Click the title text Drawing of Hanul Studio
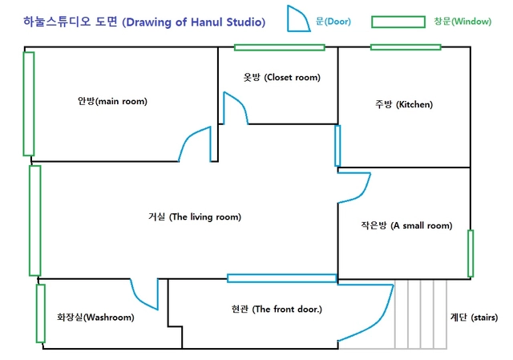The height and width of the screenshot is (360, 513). tap(194, 22)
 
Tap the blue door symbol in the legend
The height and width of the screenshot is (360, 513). tap(298, 19)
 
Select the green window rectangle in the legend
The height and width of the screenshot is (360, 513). tap(398, 22)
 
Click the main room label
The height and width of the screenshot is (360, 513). tap(112, 101)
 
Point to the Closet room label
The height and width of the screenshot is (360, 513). tap(281, 77)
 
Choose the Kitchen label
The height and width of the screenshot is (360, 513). tap(404, 104)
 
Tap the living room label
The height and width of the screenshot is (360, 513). tap(195, 216)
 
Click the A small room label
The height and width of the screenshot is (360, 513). tap(406, 225)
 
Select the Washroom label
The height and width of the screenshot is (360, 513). tap(95, 318)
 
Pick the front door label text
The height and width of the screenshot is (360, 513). tap(277, 309)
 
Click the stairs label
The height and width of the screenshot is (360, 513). tap(474, 318)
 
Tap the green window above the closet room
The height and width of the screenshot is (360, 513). tap(280, 47)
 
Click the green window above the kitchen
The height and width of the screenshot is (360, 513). tap(406, 47)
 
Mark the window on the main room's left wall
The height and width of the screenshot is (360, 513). tap(29, 103)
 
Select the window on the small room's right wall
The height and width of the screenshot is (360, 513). tap(471, 253)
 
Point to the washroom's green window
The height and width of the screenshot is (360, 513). tap(41, 313)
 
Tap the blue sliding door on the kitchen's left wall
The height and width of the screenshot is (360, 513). tap(337, 146)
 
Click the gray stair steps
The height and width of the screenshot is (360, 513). tap(421, 314)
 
